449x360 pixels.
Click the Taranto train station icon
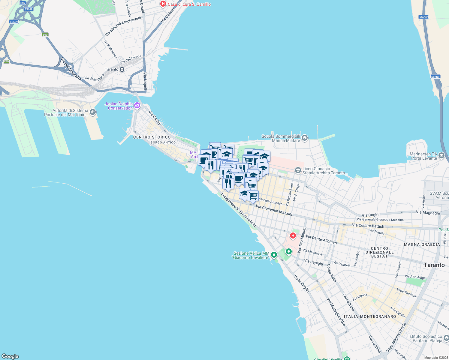pos(122,70)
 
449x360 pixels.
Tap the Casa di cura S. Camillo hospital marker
pos(163,4)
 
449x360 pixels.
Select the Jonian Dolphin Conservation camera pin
pos(137,105)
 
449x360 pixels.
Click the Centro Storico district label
pos(152,137)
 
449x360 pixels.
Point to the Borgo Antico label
pos(163,142)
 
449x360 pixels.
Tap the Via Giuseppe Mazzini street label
pos(274,210)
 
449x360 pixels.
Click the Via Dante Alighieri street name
pos(321,240)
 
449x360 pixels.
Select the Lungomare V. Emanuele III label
pos(239,210)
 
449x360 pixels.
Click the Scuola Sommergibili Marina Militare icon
pos(305,138)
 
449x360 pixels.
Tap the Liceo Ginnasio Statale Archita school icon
pos(298,170)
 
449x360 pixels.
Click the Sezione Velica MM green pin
pos(274,255)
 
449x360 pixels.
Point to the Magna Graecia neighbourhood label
pos(422,244)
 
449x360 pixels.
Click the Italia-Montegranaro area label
pos(370,316)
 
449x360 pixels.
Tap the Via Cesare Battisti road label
pos(368,226)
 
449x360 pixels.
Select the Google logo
pos(10,356)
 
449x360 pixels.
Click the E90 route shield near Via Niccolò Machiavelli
pos(45,35)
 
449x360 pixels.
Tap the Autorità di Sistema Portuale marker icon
pos(92,112)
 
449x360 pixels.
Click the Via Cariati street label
pos(155,118)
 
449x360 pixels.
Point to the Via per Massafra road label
pos(71,69)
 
